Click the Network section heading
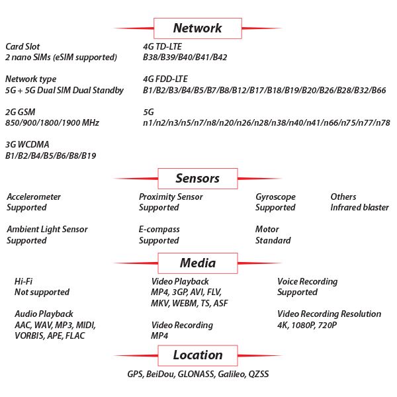coord(197,28)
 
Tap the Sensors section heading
coord(197,178)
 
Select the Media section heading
coord(198,263)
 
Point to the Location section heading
coord(198,355)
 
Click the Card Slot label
coord(22,46)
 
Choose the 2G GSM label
coord(21,112)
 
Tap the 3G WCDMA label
coord(27,144)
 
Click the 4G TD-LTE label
coord(162,46)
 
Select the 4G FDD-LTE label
coord(165,79)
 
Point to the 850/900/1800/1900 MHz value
coord(52,123)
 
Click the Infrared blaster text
coord(359,207)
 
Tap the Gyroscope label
coord(275,197)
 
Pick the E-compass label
coord(159,230)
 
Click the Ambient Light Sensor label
coord(48,230)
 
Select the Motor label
coord(267,229)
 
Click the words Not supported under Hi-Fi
coord(42,292)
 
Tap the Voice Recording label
coord(308,282)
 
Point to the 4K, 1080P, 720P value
coord(307,325)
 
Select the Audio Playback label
coord(44,314)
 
